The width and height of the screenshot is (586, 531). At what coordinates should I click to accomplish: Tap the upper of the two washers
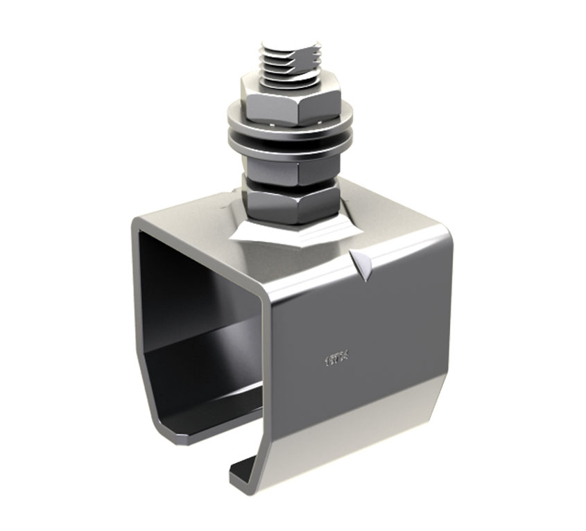tap(290, 125)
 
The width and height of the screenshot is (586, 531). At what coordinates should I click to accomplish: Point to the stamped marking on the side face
tap(336, 360)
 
